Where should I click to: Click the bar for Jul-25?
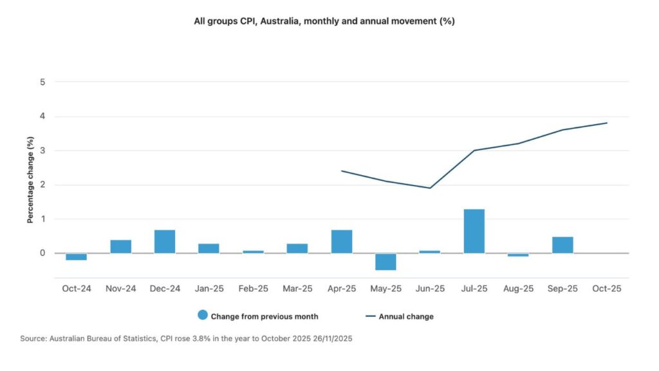[474, 231]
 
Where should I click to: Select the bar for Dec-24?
[165, 242]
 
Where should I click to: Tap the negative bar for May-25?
[385, 262]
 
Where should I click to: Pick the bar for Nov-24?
[120, 247]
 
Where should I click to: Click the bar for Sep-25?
[562, 245]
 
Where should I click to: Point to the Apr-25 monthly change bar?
[341, 242]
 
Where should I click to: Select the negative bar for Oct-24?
[76, 256]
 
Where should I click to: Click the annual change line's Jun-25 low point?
[430, 188]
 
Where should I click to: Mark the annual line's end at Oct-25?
[606, 123]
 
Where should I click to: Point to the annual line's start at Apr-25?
[341, 171]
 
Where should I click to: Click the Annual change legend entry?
[405, 316]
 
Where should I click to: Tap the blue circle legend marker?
[203, 316]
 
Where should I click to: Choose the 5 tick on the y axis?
[42, 82]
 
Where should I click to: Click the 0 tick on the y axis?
[42, 253]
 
